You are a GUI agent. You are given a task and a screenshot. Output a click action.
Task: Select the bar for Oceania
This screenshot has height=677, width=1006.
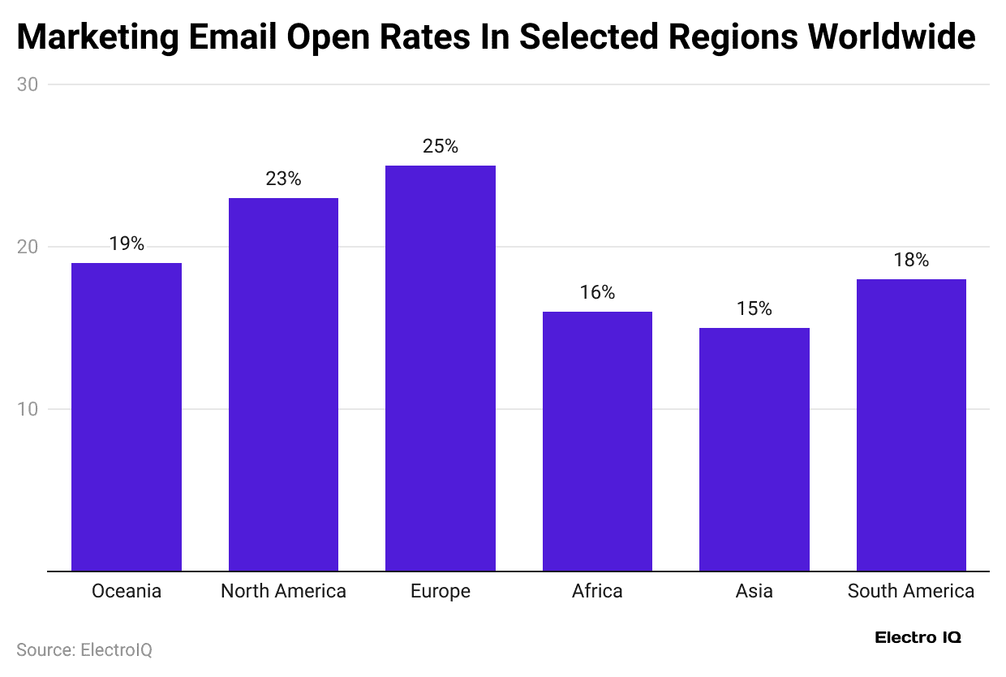(127, 416)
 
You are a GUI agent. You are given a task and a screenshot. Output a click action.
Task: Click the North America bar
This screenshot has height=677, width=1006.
(283, 384)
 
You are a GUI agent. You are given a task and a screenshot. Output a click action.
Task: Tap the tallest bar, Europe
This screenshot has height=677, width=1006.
(441, 368)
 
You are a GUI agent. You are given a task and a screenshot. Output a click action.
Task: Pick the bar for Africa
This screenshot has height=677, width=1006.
(597, 441)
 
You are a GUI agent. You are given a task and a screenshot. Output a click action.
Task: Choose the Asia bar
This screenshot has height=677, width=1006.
(754, 449)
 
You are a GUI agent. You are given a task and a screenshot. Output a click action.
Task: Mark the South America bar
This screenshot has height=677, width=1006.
(911, 425)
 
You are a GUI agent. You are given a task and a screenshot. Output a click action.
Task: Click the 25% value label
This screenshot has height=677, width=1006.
(441, 147)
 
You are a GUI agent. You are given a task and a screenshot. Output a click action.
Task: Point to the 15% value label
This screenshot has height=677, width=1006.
(754, 309)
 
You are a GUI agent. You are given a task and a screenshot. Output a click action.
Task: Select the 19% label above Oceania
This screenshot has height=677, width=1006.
(127, 244)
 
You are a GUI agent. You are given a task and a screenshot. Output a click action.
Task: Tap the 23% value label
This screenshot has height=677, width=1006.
(283, 179)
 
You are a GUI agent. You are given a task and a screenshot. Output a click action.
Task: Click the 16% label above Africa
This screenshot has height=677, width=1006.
(597, 293)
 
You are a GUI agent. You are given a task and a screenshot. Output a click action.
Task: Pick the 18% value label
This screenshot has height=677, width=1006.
(911, 261)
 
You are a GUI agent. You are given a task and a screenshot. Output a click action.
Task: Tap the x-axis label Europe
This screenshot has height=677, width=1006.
(441, 592)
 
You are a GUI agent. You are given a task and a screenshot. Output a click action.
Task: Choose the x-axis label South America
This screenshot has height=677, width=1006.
(911, 592)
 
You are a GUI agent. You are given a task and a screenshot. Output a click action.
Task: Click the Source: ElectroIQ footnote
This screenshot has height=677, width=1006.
(84, 650)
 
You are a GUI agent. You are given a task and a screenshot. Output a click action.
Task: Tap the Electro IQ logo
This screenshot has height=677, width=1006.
(918, 638)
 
